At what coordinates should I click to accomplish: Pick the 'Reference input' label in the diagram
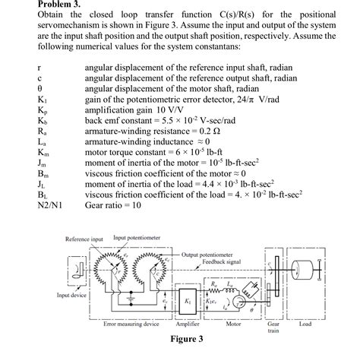84,239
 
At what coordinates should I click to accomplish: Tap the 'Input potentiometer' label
137,238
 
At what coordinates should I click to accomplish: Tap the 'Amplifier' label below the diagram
188,323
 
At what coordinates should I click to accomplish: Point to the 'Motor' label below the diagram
235,323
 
